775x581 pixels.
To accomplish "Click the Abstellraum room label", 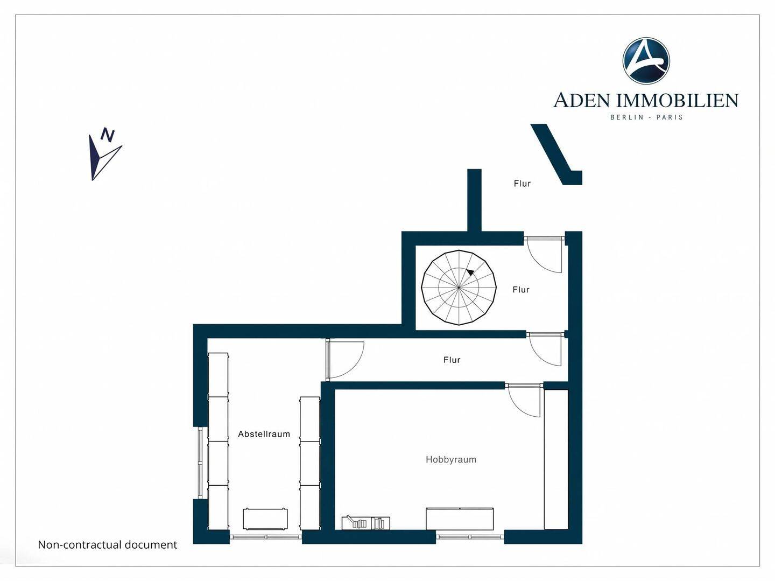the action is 264,434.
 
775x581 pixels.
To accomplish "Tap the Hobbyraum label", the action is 451,459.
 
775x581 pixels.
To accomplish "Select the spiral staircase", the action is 459,288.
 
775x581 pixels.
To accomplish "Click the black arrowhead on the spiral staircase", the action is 470,272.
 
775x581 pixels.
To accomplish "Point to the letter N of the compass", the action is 108,135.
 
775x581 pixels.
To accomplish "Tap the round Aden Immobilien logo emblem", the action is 646,61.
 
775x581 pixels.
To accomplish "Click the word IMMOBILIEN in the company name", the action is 677,100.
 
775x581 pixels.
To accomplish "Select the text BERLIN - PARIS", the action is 646,117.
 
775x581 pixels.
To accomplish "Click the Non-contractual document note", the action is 107,544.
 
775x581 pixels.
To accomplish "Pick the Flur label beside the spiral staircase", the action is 521,290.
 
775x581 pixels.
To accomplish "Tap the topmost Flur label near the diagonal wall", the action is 522,183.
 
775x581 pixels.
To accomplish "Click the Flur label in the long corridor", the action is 452,360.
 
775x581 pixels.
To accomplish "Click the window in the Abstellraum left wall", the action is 200,463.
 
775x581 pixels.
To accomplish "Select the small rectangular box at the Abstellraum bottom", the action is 265,519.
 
